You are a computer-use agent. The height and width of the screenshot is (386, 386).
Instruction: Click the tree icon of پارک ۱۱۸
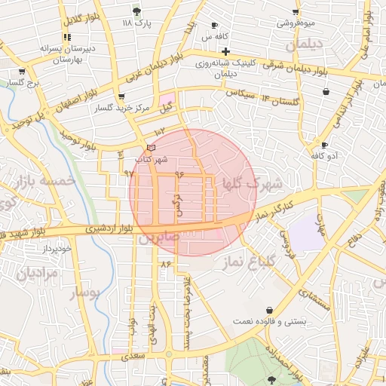[136, 11]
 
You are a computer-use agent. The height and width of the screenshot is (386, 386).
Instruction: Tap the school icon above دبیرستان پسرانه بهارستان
[67, 36]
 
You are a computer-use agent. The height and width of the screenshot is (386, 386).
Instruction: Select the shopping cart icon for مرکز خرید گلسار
[121, 96]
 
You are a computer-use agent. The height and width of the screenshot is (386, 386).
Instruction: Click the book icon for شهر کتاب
[152, 147]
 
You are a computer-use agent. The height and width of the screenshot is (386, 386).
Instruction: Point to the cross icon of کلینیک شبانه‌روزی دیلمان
[225, 51]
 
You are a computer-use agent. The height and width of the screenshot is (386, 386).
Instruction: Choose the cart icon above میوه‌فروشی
[295, 11]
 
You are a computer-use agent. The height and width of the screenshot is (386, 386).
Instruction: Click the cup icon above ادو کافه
[325, 145]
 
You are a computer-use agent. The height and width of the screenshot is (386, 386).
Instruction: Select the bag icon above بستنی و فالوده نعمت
[270, 310]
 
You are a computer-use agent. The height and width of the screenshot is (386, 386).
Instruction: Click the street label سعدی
[133, 354]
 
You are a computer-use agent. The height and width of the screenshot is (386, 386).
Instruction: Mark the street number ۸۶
[166, 263]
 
